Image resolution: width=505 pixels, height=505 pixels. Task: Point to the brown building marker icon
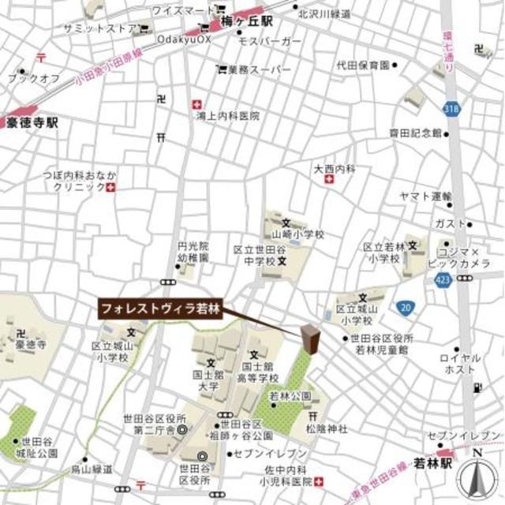tap(310, 340)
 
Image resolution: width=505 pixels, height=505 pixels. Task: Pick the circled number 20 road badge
tap(405, 307)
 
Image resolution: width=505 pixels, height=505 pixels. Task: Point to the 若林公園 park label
tap(286, 396)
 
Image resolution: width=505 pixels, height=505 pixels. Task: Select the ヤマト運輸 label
tap(425, 195)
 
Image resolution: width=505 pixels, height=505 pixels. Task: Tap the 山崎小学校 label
tap(298, 234)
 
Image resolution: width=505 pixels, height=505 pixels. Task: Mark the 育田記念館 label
tap(415, 133)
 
